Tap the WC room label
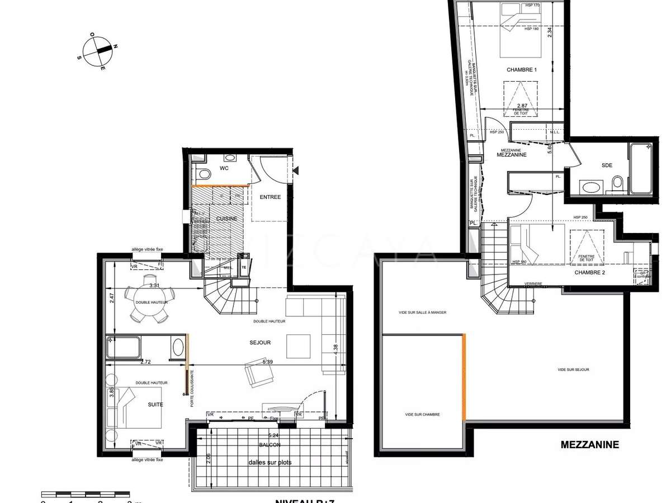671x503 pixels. pos(224,168)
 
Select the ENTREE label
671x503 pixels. pos(270,197)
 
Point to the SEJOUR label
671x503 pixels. pos(260,342)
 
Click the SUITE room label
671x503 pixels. pos(155,404)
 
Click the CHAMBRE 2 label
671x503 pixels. pos(590,273)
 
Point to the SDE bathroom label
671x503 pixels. pos(607,165)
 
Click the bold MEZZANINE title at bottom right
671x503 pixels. pos(590,445)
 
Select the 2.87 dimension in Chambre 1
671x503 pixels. pos(522,106)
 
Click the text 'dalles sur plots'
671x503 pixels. pos(270,462)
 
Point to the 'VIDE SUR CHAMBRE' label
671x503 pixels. pos(422,415)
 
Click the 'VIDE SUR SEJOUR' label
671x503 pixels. pos(573,369)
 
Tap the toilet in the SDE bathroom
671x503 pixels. pos(618,182)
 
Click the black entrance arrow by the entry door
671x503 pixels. pos(297,169)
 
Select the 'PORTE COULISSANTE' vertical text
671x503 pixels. pos(192,389)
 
